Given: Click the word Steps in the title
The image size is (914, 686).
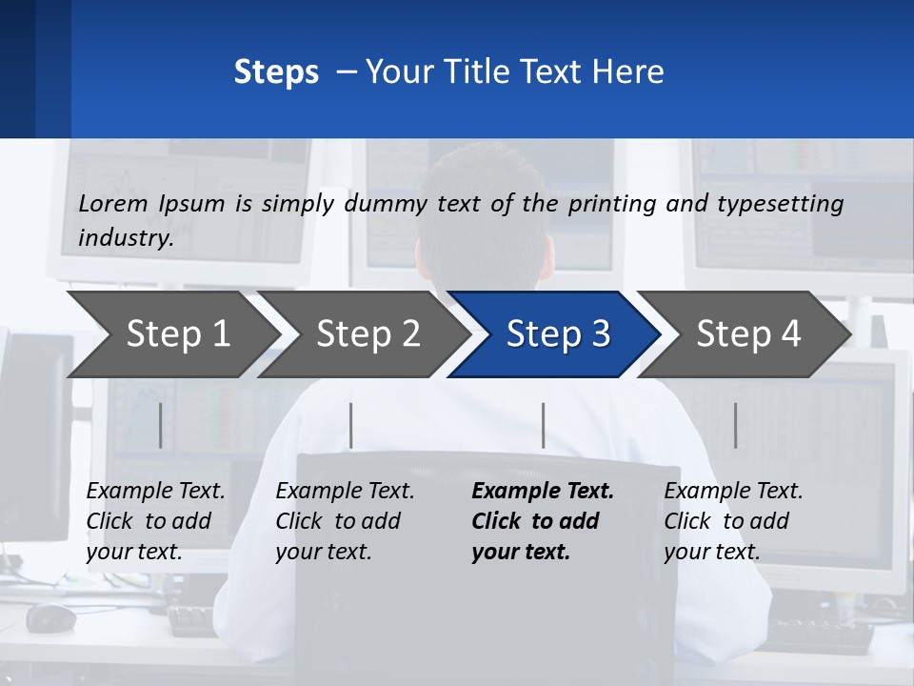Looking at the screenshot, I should pyautogui.click(x=276, y=72).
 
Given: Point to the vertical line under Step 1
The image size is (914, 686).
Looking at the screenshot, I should pyautogui.click(x=160, y=425).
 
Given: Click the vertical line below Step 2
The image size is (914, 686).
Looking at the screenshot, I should pyautogui.click(x=351, y=425).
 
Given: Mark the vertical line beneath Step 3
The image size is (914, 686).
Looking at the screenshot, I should pyautogui.click(x=544, y=425).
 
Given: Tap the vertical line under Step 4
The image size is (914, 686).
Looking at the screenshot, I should pyautogui.click(x=736, y=425).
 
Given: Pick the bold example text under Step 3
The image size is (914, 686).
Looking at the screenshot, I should pyautogui.click(x=542, y=521).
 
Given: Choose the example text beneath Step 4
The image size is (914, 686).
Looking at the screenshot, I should pyautogui.click(x=733, y=521).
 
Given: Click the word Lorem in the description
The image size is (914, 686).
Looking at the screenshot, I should pyautogui.click(x=113, y=203).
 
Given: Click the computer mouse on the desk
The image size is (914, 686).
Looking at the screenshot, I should pyautogui.click(x=50, y=617).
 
